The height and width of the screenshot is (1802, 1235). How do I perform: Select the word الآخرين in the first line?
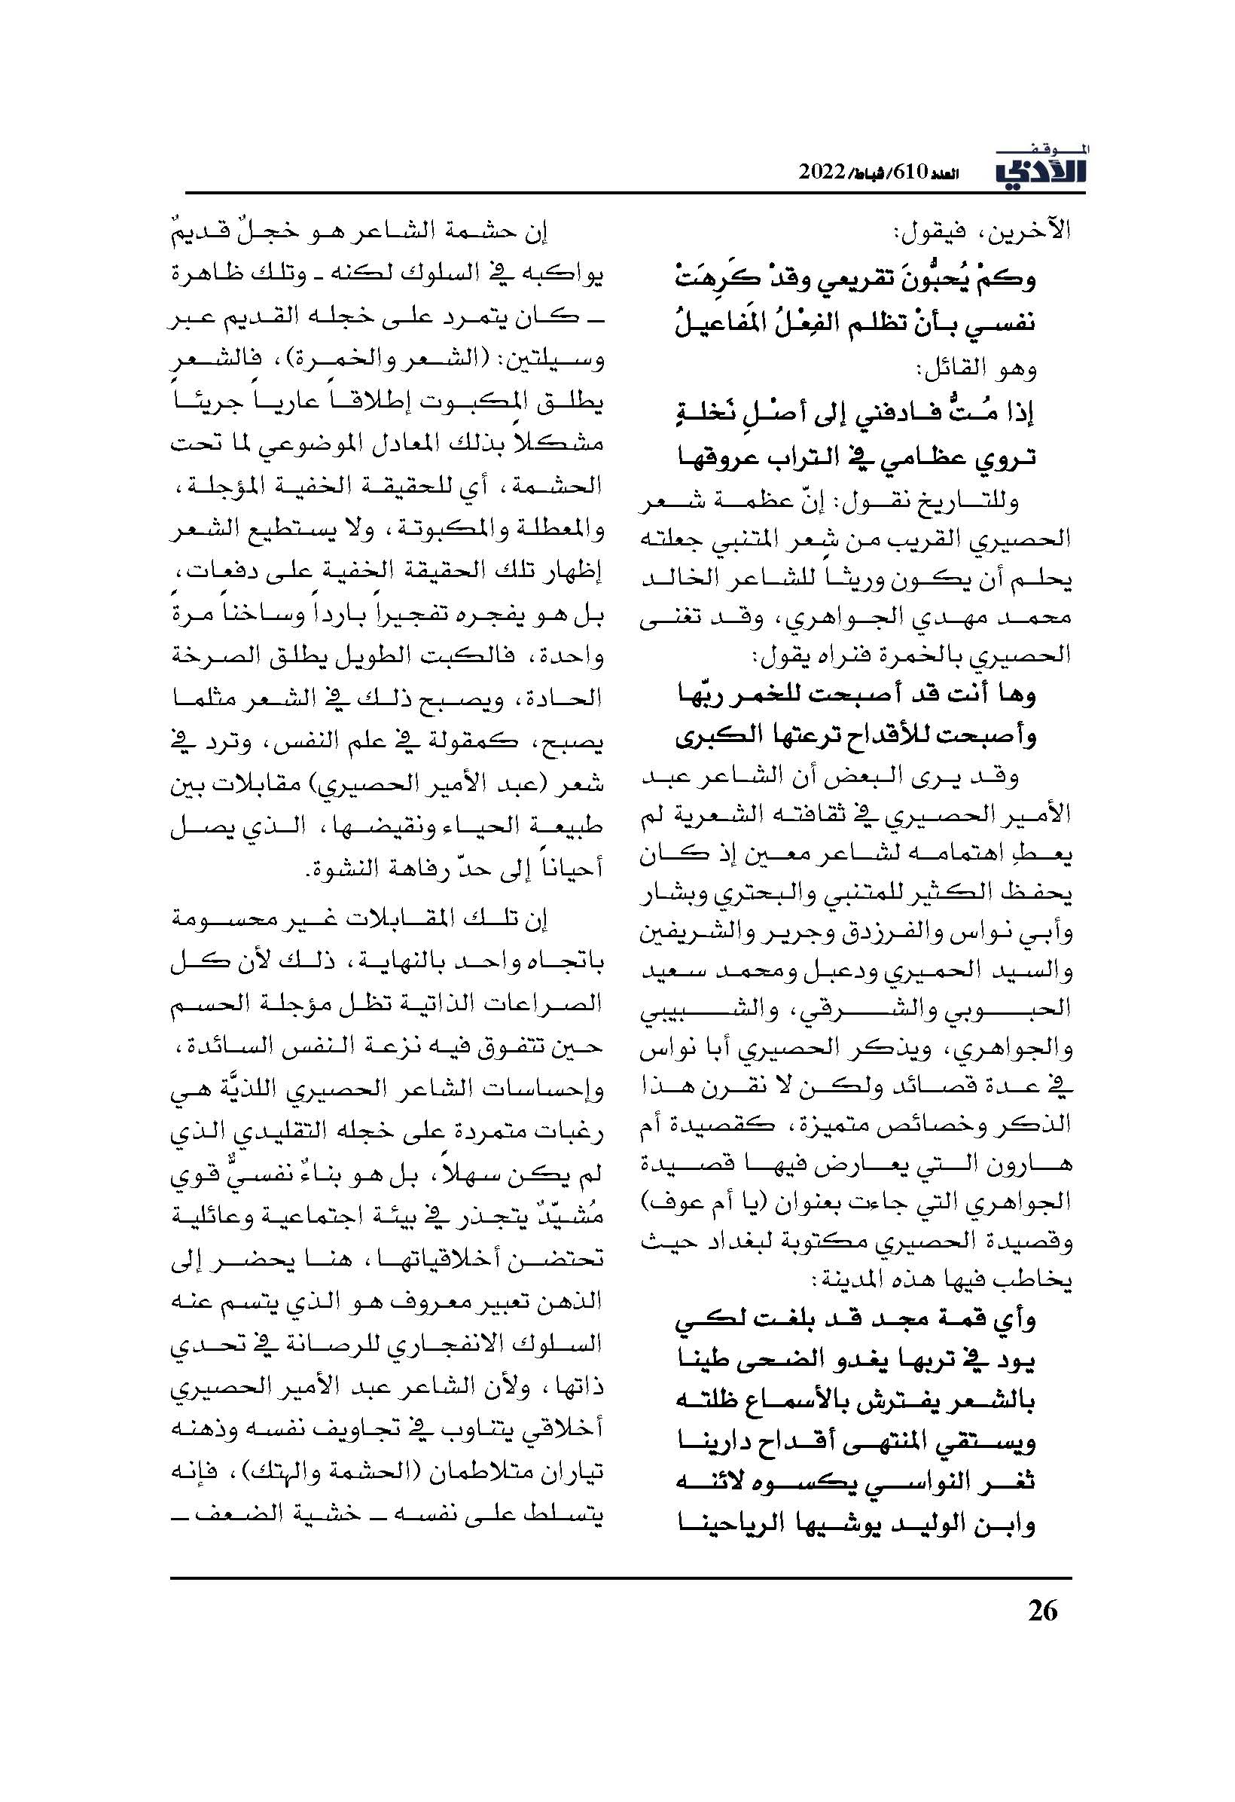point(1034,231)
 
